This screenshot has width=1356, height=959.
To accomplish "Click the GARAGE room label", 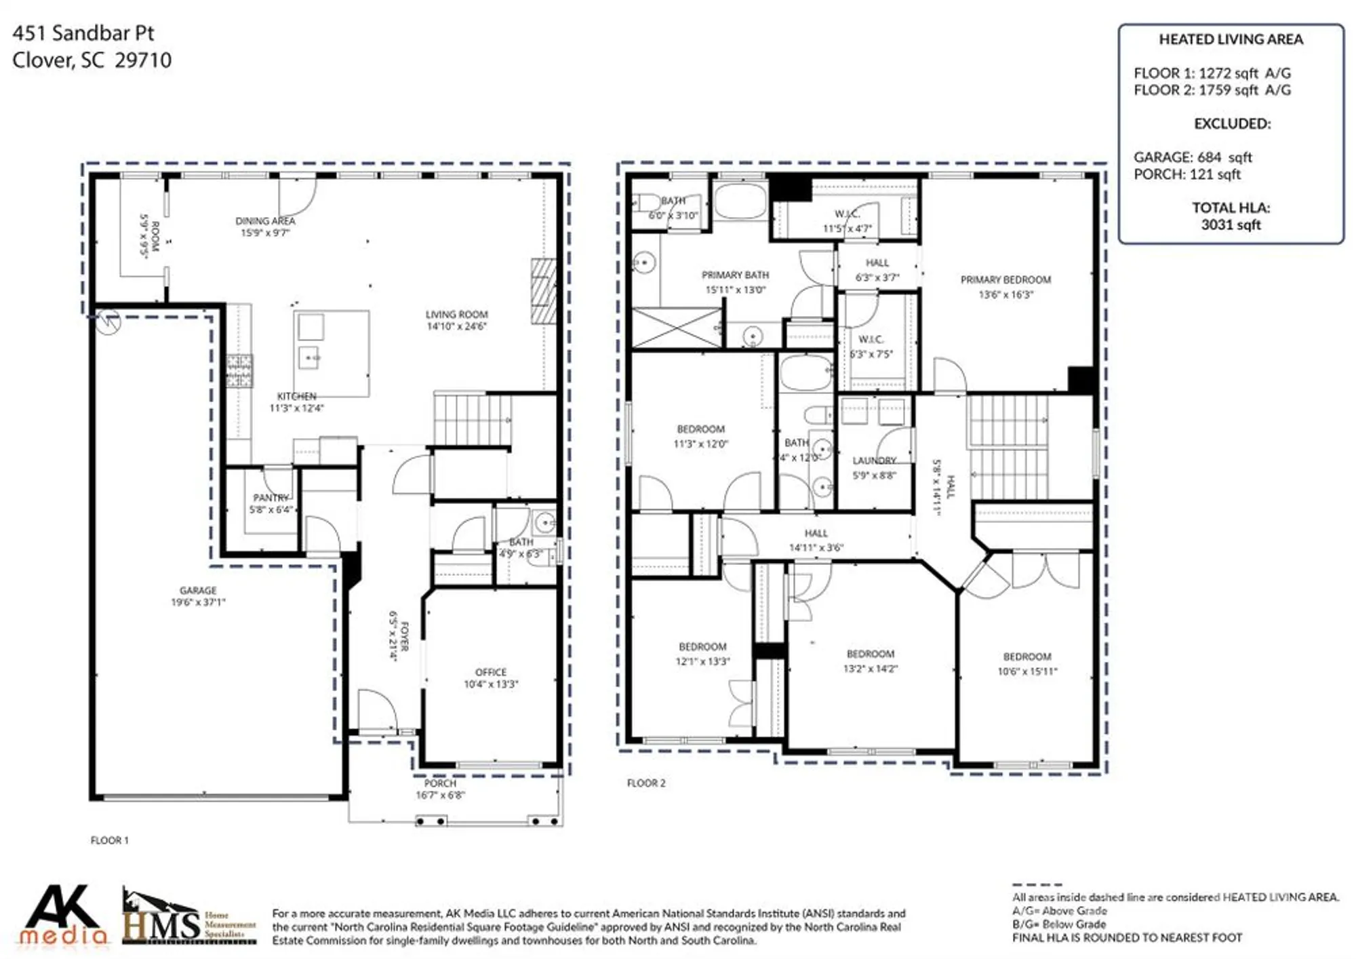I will [x=198, y=590].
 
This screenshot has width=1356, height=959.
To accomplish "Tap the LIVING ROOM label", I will [x=456, y=314].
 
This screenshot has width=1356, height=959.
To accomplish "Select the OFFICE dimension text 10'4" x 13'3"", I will [x=491, y=684].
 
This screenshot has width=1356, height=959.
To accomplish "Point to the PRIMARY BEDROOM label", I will [x=1005, y=279].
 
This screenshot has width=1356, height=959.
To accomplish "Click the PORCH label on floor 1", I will [x=440, y=783].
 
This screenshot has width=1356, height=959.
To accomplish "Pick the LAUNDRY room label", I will [x=874, y=461].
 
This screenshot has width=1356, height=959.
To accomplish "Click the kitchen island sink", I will [x=309, y=357].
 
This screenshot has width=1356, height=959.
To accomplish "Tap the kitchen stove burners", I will [x=239, y=370].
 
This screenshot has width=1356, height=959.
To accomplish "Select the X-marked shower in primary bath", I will [x=677, y=328].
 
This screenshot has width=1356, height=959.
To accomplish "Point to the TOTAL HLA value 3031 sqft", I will [x=1231, y=224].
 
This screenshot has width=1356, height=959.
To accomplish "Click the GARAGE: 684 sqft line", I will [x=1193, y=157].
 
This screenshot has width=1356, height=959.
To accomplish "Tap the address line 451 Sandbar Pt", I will [x=83, y=33].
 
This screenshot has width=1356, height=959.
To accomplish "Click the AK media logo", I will [x=63, y=915].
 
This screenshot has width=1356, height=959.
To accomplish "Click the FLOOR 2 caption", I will [x=646, y=783].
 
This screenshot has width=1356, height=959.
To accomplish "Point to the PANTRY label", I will [x=271, y=498].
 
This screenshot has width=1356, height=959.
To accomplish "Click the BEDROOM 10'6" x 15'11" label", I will [x=1027, y=657].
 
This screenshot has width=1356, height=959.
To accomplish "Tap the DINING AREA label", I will [x=265, y=221].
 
